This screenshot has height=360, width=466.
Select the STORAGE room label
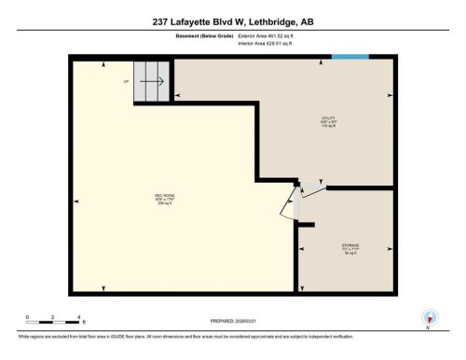pos(349,248)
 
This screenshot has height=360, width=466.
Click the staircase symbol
pos(153,81)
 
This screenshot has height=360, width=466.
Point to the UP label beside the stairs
pos(126,81)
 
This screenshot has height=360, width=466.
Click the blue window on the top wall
pos(350,59)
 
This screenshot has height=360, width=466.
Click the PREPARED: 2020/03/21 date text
pos(232,322)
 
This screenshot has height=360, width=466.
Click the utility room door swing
pos(310,191)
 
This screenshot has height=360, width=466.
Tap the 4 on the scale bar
pos(80,318)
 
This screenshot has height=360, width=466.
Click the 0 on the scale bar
pos(27,318)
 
